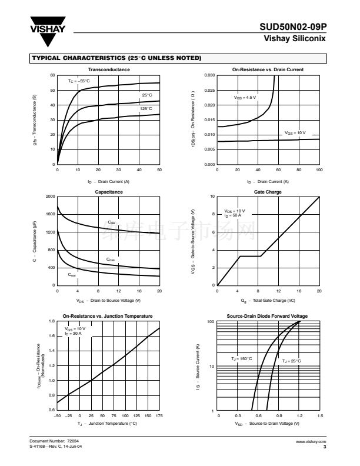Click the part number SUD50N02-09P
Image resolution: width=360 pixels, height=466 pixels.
pyautogui.click(x=292, y=27)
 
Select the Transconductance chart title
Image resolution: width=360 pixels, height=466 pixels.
pyautogui.click(x=108, y=69)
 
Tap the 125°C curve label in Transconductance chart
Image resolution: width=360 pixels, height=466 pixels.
pyautogui.click(x=146, y=108)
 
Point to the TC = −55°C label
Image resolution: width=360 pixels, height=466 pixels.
pyautogui.click(x=79, y=81)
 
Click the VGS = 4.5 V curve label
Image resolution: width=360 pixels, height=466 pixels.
pyautogui.click(x=245, y=97)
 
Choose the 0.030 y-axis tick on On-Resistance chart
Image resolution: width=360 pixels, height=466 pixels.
pyautogui.click(x=209, y=76)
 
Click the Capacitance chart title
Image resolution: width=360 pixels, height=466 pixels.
pyautogui.click(x=109, y=192)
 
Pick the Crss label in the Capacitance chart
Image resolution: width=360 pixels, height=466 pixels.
pyautogui.click(x=72, y=275)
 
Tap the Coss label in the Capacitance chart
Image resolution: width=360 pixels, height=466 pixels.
pyautogui.click(x=111, y=259)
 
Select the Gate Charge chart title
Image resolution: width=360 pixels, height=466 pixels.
pyautogui.click(x=268, y=192)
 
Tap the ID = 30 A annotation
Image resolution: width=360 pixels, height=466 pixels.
pyautogui.click(x=74, y=333)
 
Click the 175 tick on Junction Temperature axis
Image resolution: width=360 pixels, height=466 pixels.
pyautogui.click(x=159, y=416)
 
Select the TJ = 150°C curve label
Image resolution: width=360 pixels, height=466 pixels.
pyautogui.click(x=241, y=358)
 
